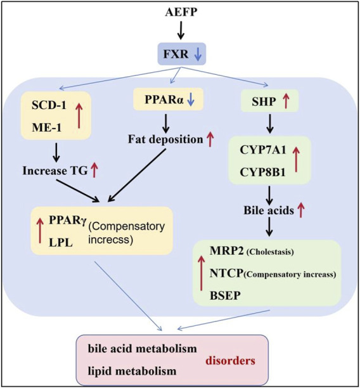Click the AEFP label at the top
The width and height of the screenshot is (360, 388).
pos(181,12)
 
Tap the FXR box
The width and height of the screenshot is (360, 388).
pos(182,54)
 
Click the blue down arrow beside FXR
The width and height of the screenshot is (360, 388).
pos(198,54)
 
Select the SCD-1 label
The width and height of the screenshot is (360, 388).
pos(49,105)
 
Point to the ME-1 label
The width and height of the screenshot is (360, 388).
pos(46,127)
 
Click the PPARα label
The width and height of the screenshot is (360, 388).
pos(164,100)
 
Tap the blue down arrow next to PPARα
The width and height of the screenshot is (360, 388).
pos(190,100)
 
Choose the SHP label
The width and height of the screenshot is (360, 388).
pos(264,101)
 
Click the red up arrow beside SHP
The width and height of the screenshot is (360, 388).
pos(286,101)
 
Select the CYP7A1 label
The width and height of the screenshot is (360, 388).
pos(263,150)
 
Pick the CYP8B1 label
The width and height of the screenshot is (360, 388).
pos(263,172)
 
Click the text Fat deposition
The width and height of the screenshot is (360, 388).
pos(165,139)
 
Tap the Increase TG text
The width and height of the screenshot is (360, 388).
pos(55,171)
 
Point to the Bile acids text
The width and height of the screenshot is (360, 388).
pos(269,210)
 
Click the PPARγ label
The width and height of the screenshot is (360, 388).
pos(67,220)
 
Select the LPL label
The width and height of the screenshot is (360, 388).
pos(61,243)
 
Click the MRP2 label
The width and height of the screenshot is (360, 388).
pos(228,250)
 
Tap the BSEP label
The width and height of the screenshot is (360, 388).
pos(225,295)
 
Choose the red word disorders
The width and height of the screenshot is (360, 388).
pos(230,361)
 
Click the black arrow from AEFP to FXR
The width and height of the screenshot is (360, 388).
pos(181,30)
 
